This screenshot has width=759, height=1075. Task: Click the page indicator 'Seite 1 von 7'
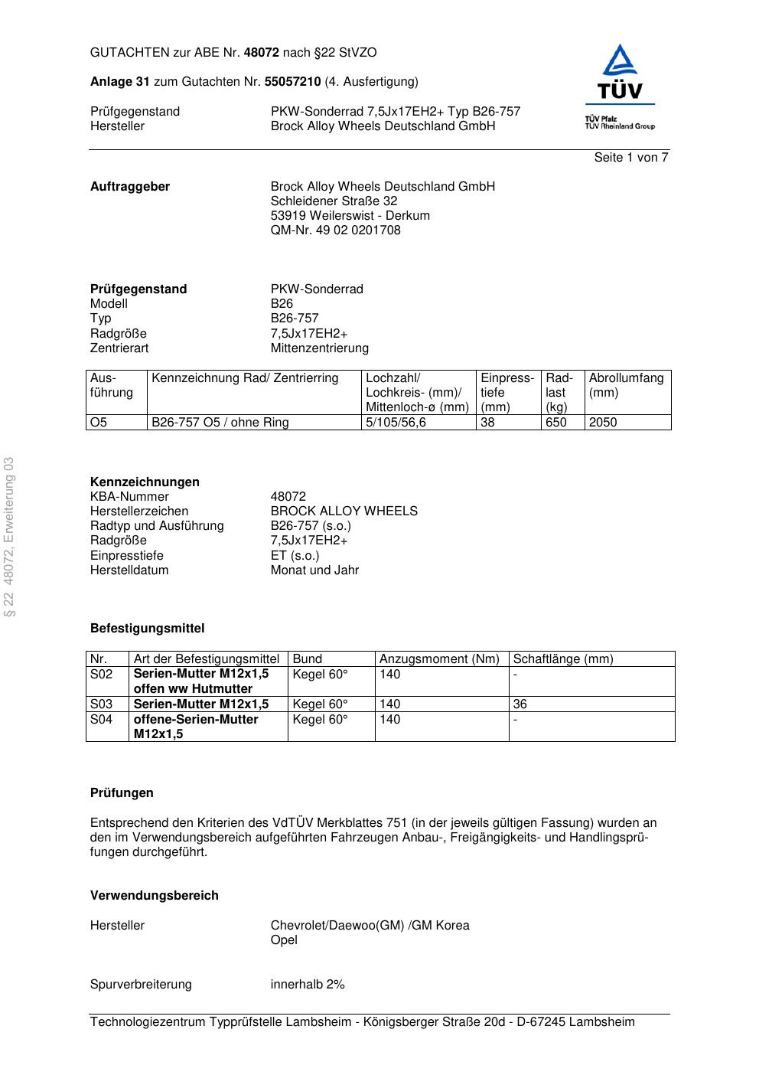[x=630, y=158]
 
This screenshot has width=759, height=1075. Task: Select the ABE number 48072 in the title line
[x=261, y=53]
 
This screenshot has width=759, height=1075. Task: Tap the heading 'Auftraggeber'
[x=130, y=187]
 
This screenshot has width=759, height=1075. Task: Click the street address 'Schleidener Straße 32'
[x=334, y=201]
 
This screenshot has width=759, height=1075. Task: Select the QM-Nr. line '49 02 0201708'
[x=335, y=230]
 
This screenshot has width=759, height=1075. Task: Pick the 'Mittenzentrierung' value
[x=319, y=348]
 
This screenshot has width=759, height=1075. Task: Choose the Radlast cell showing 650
[x=556, y=423]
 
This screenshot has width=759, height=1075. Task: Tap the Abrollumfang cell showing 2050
[x=603, y=423]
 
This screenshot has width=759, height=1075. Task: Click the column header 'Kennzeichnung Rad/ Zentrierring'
[x=245, y=378]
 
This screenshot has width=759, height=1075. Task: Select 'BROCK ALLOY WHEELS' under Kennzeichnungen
[x=344, y=511]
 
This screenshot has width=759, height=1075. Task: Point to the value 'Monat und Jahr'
[x=314, y=570]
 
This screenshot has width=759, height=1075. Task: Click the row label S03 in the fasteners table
[x=101, y=704]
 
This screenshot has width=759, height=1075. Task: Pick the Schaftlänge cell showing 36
[x=520, y=704]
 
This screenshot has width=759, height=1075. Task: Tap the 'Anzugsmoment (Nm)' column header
[x=439, y=659]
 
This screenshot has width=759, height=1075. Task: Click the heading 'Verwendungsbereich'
[x=154, y=896]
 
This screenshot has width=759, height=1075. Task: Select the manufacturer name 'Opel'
[x=284, y=940]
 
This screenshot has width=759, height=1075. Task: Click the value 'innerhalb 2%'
[x=308, y=985]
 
